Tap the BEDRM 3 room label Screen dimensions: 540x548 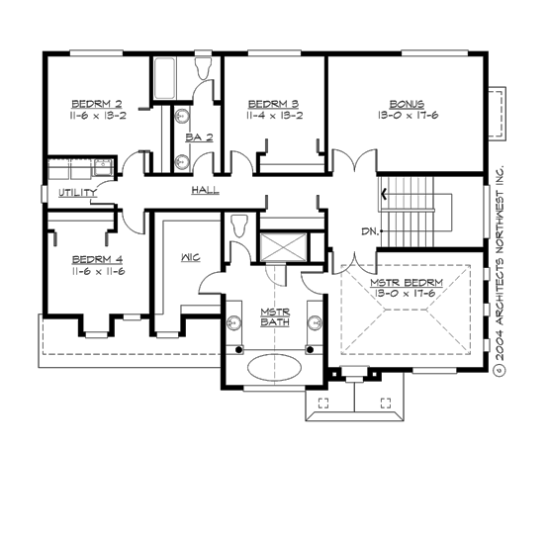pyautogui.click(x=273, y=103)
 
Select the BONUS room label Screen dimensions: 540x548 pyautogui.click(x=406, y=103)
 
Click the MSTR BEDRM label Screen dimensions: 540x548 pyautogui.click(x=406, y=283)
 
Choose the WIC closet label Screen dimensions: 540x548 pyautogui.click(x=191, y=257)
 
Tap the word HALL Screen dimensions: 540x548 pyautogui.click(x=205, y=190)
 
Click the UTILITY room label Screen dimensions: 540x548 pyautogui.click(x=76, y=192)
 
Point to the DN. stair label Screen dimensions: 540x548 pyautogui.click(x=370, y=231)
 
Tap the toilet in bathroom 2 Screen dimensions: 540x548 pyautogui.click(x=204, y=68)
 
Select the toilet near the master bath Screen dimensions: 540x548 pyautogui.click(x=237, y=226)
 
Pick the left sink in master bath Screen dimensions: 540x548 pyautogui.click(x=235, y=321)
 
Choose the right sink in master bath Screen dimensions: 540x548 pyautogui.click(x=314, y=321)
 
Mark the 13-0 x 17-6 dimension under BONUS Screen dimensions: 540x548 pyautogui.click(x=406, y=115)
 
